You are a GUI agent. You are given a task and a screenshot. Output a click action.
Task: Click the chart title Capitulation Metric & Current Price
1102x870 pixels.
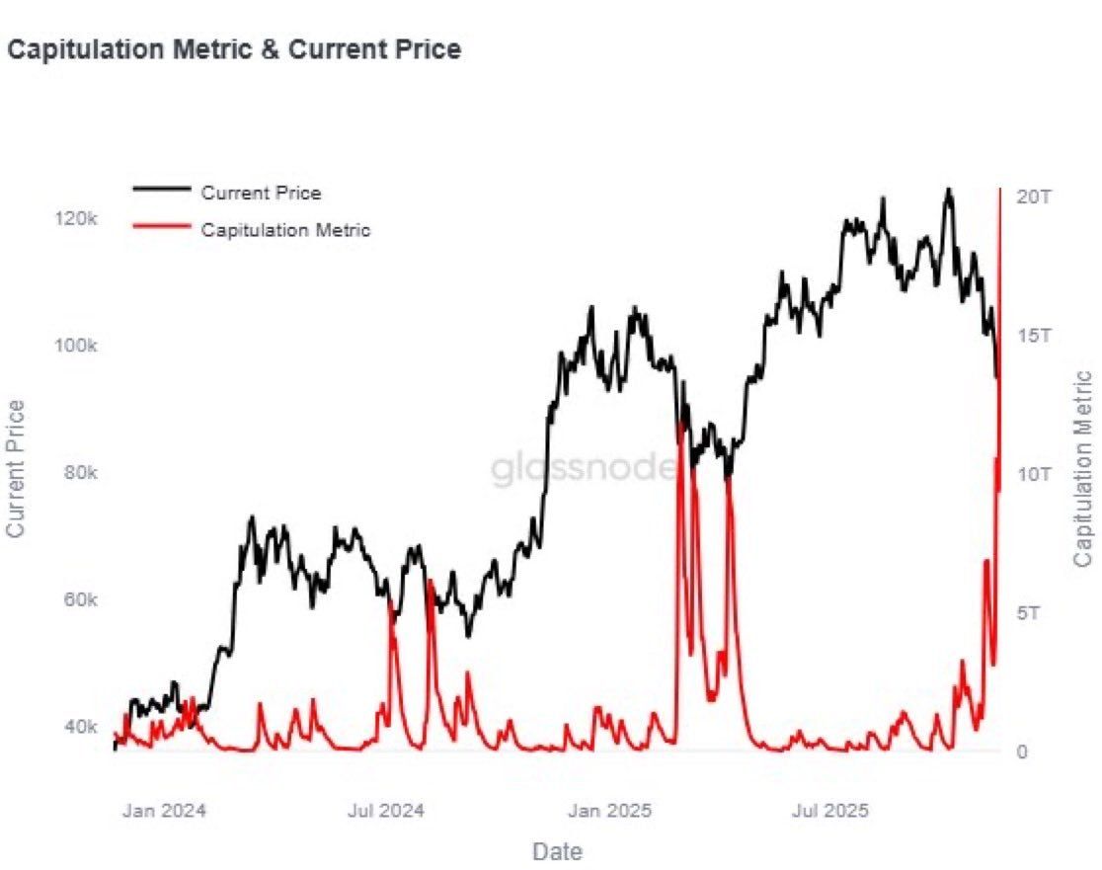click(234, 49)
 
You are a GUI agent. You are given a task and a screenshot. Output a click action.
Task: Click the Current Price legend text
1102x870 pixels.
click(261, 194)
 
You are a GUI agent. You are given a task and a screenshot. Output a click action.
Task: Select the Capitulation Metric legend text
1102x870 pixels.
click(285, 230)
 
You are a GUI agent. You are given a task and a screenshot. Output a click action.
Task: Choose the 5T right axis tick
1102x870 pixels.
click(1029, 613)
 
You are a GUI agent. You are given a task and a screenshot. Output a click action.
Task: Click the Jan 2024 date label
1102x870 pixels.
click(164, 812)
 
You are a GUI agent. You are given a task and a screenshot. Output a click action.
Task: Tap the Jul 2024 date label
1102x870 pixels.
click(386, 812)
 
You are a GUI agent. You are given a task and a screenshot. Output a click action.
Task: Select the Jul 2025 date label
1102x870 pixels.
click(831, 812)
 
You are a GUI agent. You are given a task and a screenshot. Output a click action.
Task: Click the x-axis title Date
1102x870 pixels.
click(557, 851)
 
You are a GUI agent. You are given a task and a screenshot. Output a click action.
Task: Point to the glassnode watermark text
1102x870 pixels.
click(585, 470)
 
